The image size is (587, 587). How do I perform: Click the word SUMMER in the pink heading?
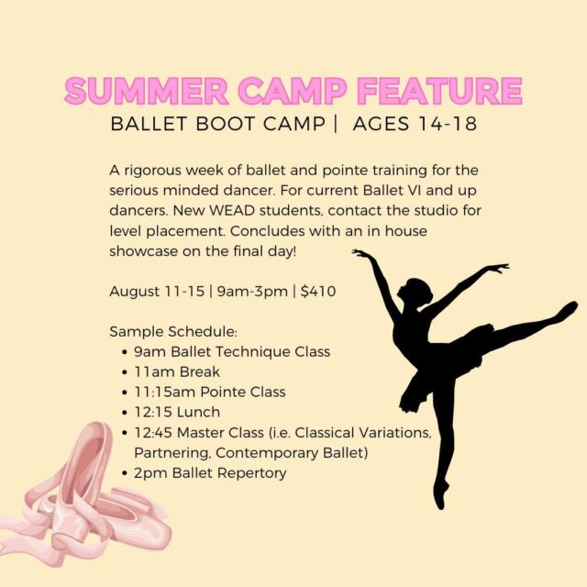coord(147,91)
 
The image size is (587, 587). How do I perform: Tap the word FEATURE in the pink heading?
coord(439,91)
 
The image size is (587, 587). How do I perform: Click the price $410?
coord(318,292)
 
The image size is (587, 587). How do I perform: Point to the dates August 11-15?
coord(157,292)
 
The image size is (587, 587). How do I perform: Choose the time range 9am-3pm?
coord(252,292)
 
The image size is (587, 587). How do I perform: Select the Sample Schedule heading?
coord(173,332)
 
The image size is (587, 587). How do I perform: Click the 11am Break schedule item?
coord(177,371)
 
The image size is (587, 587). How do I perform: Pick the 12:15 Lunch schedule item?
coord(177,412)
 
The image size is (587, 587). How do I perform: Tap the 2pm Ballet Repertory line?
coord(210,473)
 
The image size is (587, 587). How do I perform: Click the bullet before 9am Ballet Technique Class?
coord(125,352)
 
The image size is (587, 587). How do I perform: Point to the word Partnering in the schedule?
coord(172,453)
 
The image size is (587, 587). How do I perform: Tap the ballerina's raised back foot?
coord(566,309)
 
